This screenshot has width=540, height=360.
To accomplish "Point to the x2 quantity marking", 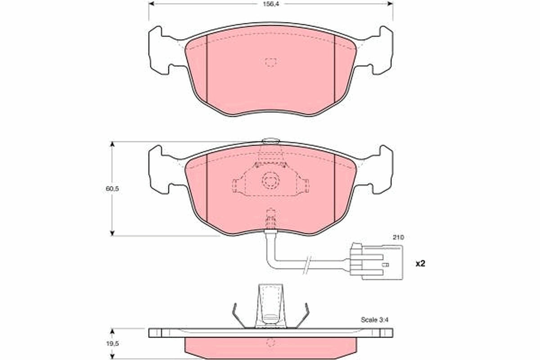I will (x=419, y=264).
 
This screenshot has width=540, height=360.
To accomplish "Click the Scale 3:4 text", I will (x=374, y=320).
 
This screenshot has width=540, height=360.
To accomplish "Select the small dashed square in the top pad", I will (x=270, y=62).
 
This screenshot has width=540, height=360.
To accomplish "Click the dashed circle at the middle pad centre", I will (x=270, y=182).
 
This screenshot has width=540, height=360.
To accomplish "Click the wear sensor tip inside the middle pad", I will (x=270, y=219).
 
